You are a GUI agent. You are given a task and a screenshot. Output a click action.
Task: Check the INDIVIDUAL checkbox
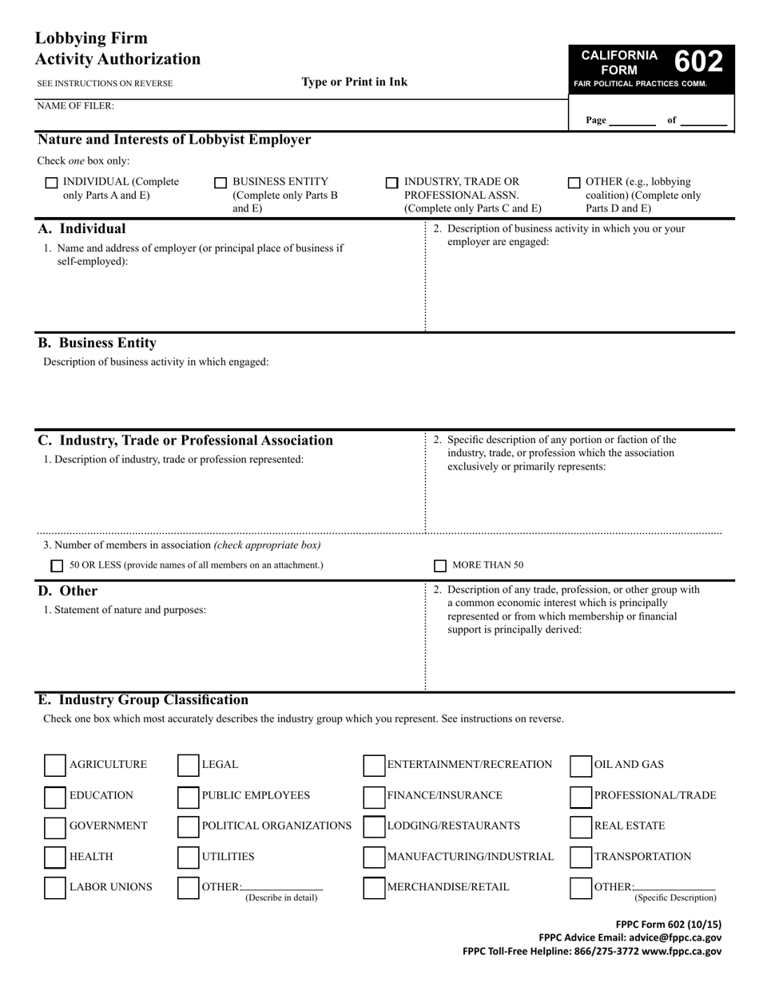(52, 183)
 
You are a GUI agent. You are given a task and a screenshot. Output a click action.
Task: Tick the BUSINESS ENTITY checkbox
(221, 183)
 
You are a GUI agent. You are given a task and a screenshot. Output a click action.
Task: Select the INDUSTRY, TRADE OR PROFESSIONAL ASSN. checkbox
(391, 183)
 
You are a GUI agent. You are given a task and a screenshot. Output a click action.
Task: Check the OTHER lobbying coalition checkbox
(574, 183)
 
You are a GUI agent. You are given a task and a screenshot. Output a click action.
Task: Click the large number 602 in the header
(699, 62)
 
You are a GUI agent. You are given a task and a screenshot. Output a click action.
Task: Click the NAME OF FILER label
(75, 105)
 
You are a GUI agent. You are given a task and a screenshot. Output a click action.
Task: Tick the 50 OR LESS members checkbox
(57, 566)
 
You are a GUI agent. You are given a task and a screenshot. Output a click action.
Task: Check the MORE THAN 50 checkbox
(440, 566)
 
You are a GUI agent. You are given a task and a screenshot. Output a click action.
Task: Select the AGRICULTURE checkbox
(55, 765)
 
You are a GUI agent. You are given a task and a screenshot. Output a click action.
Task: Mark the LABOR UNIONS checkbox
(55, 888)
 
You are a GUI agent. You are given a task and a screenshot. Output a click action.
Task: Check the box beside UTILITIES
(188, 857)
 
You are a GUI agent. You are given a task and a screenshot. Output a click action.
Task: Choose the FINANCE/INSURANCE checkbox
(374, 796)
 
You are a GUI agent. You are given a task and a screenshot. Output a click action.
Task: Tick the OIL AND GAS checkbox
(581, 766)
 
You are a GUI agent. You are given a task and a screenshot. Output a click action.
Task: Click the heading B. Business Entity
(97, 343)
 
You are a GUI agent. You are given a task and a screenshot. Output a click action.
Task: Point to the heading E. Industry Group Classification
(143, 700)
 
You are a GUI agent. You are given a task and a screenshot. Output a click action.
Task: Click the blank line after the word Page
(632, 121)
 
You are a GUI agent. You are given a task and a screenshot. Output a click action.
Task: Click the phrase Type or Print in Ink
(354, 82)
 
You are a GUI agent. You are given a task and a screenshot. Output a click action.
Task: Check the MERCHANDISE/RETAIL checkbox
(374, 888)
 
